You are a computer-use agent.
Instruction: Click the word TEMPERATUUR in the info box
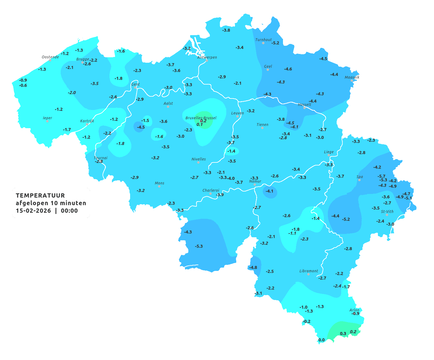tap(40, 195)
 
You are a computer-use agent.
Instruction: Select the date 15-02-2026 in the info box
tap(33, 211)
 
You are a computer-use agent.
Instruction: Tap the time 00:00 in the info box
tap(69, 211)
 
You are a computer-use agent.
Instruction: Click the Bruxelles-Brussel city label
tap(201, 118)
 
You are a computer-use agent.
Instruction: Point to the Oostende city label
tap(50, 57)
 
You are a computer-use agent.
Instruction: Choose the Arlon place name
tap(354, 310)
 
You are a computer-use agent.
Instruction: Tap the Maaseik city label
tap(352, 77)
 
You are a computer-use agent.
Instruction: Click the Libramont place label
tap(308, 271)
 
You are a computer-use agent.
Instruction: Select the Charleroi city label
tap(210, 190)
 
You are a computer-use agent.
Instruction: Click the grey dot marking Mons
tap(159, 186)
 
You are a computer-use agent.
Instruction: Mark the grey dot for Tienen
tap(262, 128)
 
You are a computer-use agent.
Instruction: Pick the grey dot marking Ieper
tap(47, 121)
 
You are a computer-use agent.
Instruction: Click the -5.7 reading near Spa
tap(381, 176)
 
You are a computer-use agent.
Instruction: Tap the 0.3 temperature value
tap(343, 334)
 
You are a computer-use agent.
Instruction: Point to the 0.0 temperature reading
tap(321, 340)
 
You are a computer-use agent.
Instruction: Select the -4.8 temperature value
tap(253, 267)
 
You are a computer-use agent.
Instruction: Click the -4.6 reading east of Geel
tap(288, 69)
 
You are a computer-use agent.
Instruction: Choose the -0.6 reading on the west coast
tap(23, 85)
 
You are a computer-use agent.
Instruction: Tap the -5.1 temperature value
tap(408, 198)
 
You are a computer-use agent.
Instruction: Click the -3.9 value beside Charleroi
tap(220, 195)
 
